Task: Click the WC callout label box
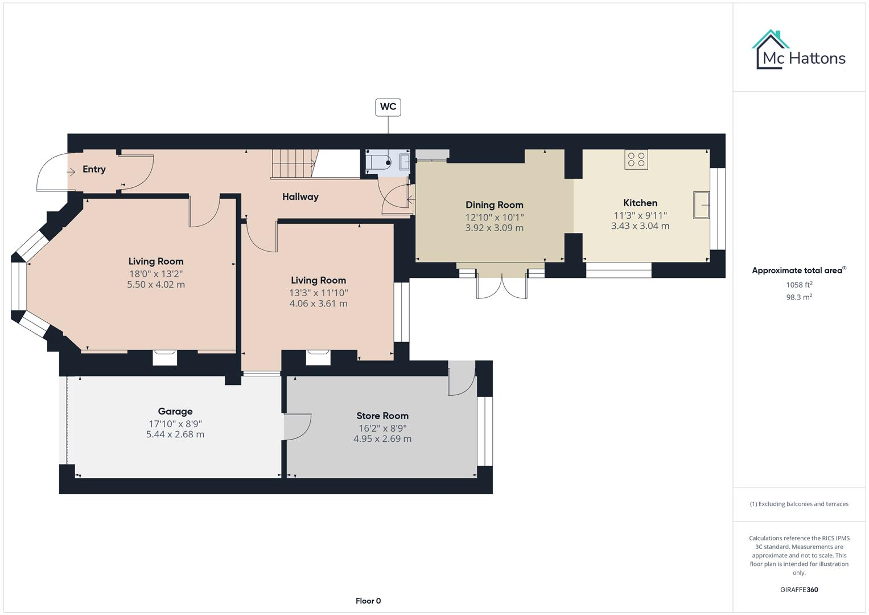pos(388,107)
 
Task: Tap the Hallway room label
pos(300,197)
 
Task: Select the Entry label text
pos(94,169)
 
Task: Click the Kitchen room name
pos(640,203)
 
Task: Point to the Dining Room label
pos(494,205)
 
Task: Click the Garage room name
pos(175,411)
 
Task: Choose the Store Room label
pos(382,416)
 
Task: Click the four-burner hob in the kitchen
pos(636,159)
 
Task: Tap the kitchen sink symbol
pos(701,206)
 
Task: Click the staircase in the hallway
pos(293,163)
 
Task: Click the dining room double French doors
pos(501,285)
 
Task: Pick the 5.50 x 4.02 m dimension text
pos(155,285)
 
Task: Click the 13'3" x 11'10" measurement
pos(318,293)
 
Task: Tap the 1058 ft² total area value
pos(798,285)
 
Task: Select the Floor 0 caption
pos(368,601)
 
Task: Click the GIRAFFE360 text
pos(798,589)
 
